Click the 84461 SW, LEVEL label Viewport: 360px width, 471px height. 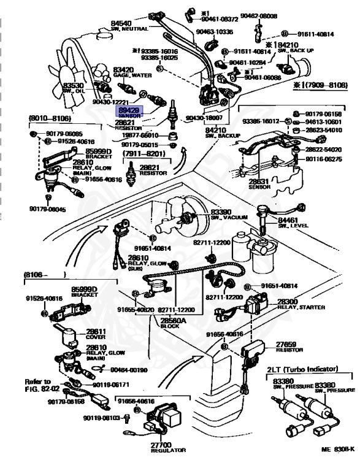coord(291,223)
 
